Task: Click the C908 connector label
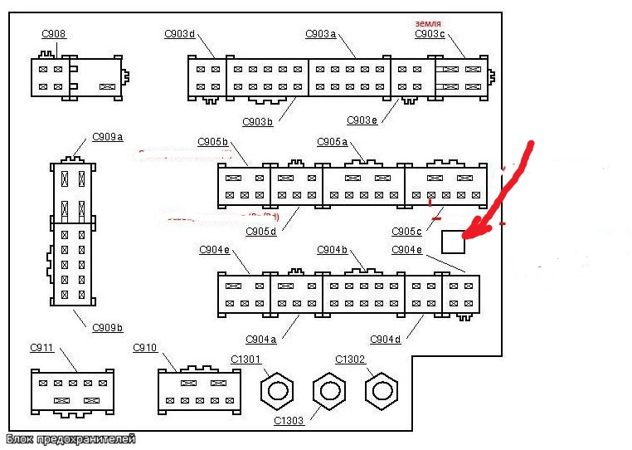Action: coord(54,34)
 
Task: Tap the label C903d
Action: coord(180,34)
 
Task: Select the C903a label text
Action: coord(321,34)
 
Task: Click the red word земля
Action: coord(428,22)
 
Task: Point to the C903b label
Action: coord(258,121)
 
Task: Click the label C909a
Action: coord(108,136)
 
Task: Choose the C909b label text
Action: coord(108,326)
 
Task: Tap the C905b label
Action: coord(213,141)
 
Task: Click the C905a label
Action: coord(333,141)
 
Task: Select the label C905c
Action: coord(407,231)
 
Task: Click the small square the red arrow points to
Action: coord(453,242)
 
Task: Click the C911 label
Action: coord(42,347)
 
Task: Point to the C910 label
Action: coord(145,347)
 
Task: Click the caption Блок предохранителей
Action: coord(70,439)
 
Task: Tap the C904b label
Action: coord(333,249)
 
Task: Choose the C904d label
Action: coord(386,339)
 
